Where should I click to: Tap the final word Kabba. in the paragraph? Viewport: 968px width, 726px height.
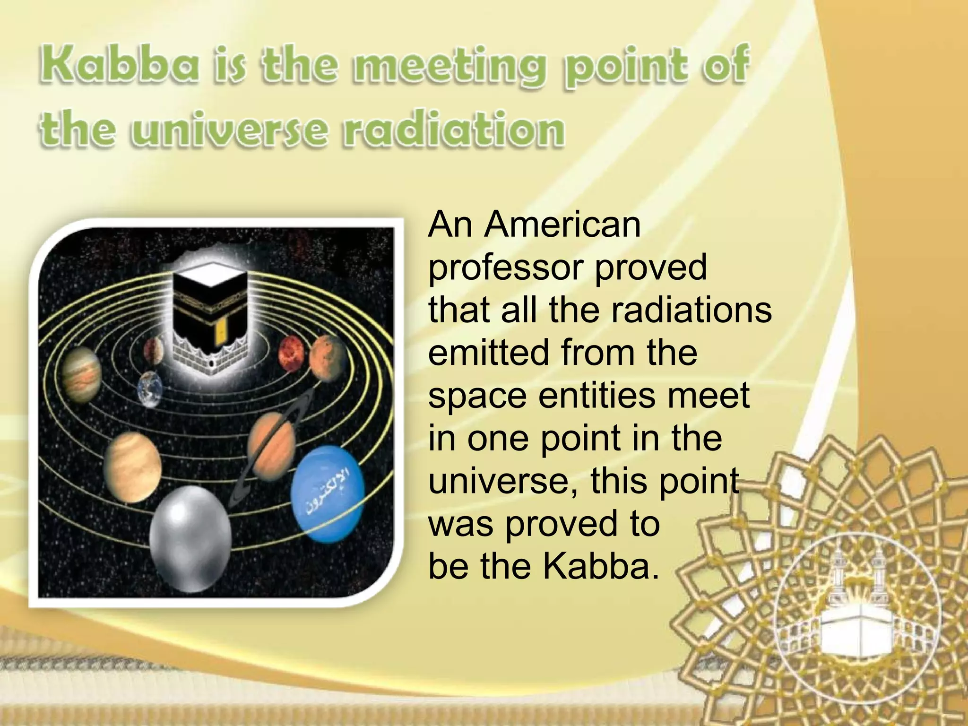(x=600, y=566)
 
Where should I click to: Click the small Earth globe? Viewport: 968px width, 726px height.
(x=150, y=389)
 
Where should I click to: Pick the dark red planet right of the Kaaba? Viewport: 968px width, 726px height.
(x=293, y=355)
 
